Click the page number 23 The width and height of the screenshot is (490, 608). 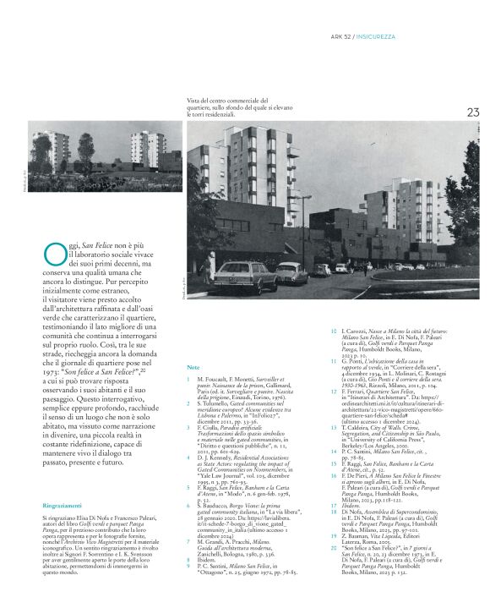472,112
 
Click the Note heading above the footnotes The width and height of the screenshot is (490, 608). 193,369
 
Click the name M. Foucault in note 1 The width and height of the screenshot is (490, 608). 212,381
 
